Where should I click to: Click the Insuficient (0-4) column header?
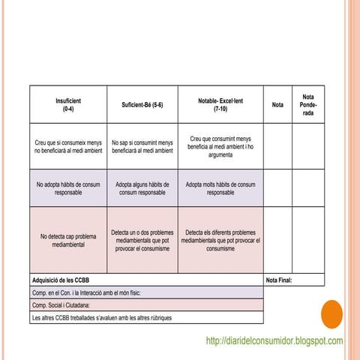68,104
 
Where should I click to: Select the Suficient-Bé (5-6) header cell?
142,104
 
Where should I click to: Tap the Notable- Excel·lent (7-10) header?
220,104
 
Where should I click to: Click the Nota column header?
277,105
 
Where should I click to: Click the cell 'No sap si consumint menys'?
142,146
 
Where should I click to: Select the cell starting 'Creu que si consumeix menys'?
68,146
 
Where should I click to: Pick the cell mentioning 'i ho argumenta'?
220,146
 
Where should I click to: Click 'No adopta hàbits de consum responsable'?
68,187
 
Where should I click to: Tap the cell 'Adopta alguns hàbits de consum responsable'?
142,187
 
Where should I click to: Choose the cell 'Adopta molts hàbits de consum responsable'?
220,187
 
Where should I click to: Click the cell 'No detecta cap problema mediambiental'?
68,240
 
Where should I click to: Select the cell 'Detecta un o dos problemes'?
142,240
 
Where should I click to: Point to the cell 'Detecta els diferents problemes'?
220,240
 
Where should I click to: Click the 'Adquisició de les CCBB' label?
61,280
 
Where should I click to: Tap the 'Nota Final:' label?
279,280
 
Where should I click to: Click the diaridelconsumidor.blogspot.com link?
274,341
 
